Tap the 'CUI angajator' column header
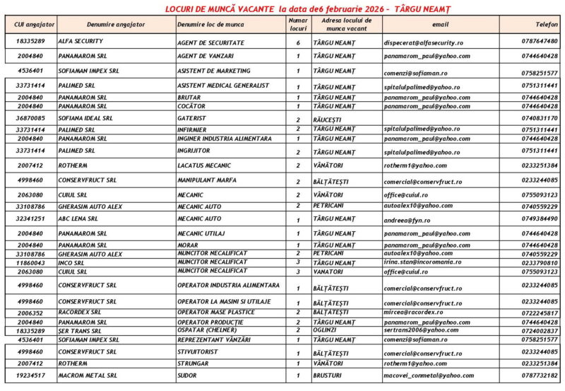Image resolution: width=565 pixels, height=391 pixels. click(30, 24)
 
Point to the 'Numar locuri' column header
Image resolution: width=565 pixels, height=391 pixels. click(298, 24)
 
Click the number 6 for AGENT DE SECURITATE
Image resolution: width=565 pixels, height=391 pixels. click(298, 42)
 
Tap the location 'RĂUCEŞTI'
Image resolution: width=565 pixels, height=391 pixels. click(328, 119)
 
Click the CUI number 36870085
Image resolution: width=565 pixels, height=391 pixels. click(30, 118)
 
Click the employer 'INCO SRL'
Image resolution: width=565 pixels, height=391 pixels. click(71, 262)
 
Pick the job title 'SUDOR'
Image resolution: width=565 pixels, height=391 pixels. click(187, 375)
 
